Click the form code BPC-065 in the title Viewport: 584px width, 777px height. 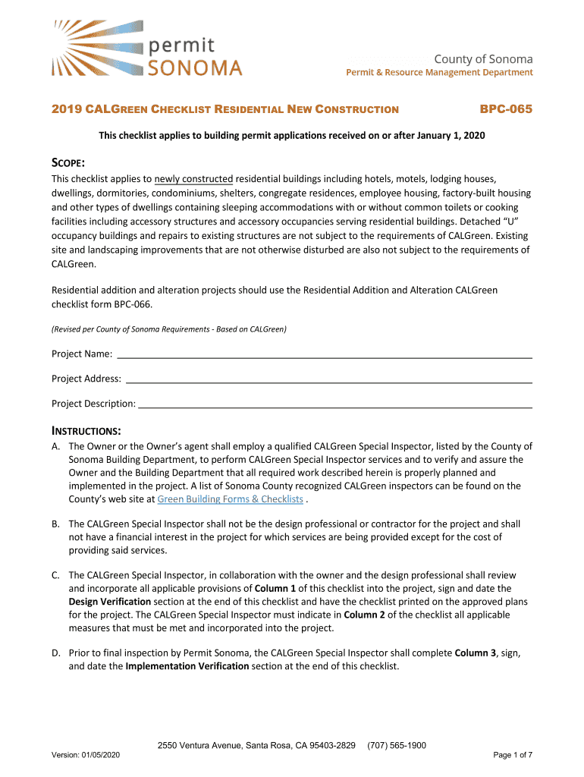(x=506, y=109)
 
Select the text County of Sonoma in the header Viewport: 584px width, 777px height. (x=483, y=59)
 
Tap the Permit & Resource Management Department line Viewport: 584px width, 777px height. (x=439, y=73)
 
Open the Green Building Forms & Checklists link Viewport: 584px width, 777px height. (x=230, y=499)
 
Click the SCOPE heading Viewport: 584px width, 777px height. (x=68, y=164)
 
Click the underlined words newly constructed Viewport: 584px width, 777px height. (x=193, y=179)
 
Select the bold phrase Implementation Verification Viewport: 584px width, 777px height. (x=187, y=666)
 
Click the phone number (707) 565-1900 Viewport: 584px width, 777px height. (x=396, y=745)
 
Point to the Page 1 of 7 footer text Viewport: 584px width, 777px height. (x=513, y=755)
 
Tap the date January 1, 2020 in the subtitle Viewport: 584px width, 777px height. (x=445, y=135)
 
